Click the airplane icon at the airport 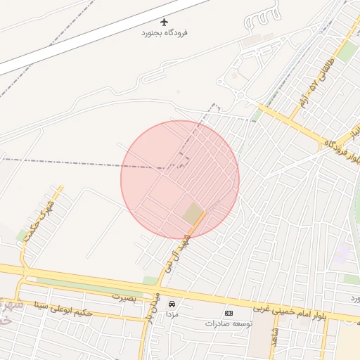[x=165, y=22]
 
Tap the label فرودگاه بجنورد [x=165, y=33]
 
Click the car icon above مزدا [x=172, y=304]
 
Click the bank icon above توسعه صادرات [x=229, y=313]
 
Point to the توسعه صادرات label [x=229, y=324]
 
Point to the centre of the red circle [x=180, y=179]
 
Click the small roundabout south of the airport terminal [x=240, y=96]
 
